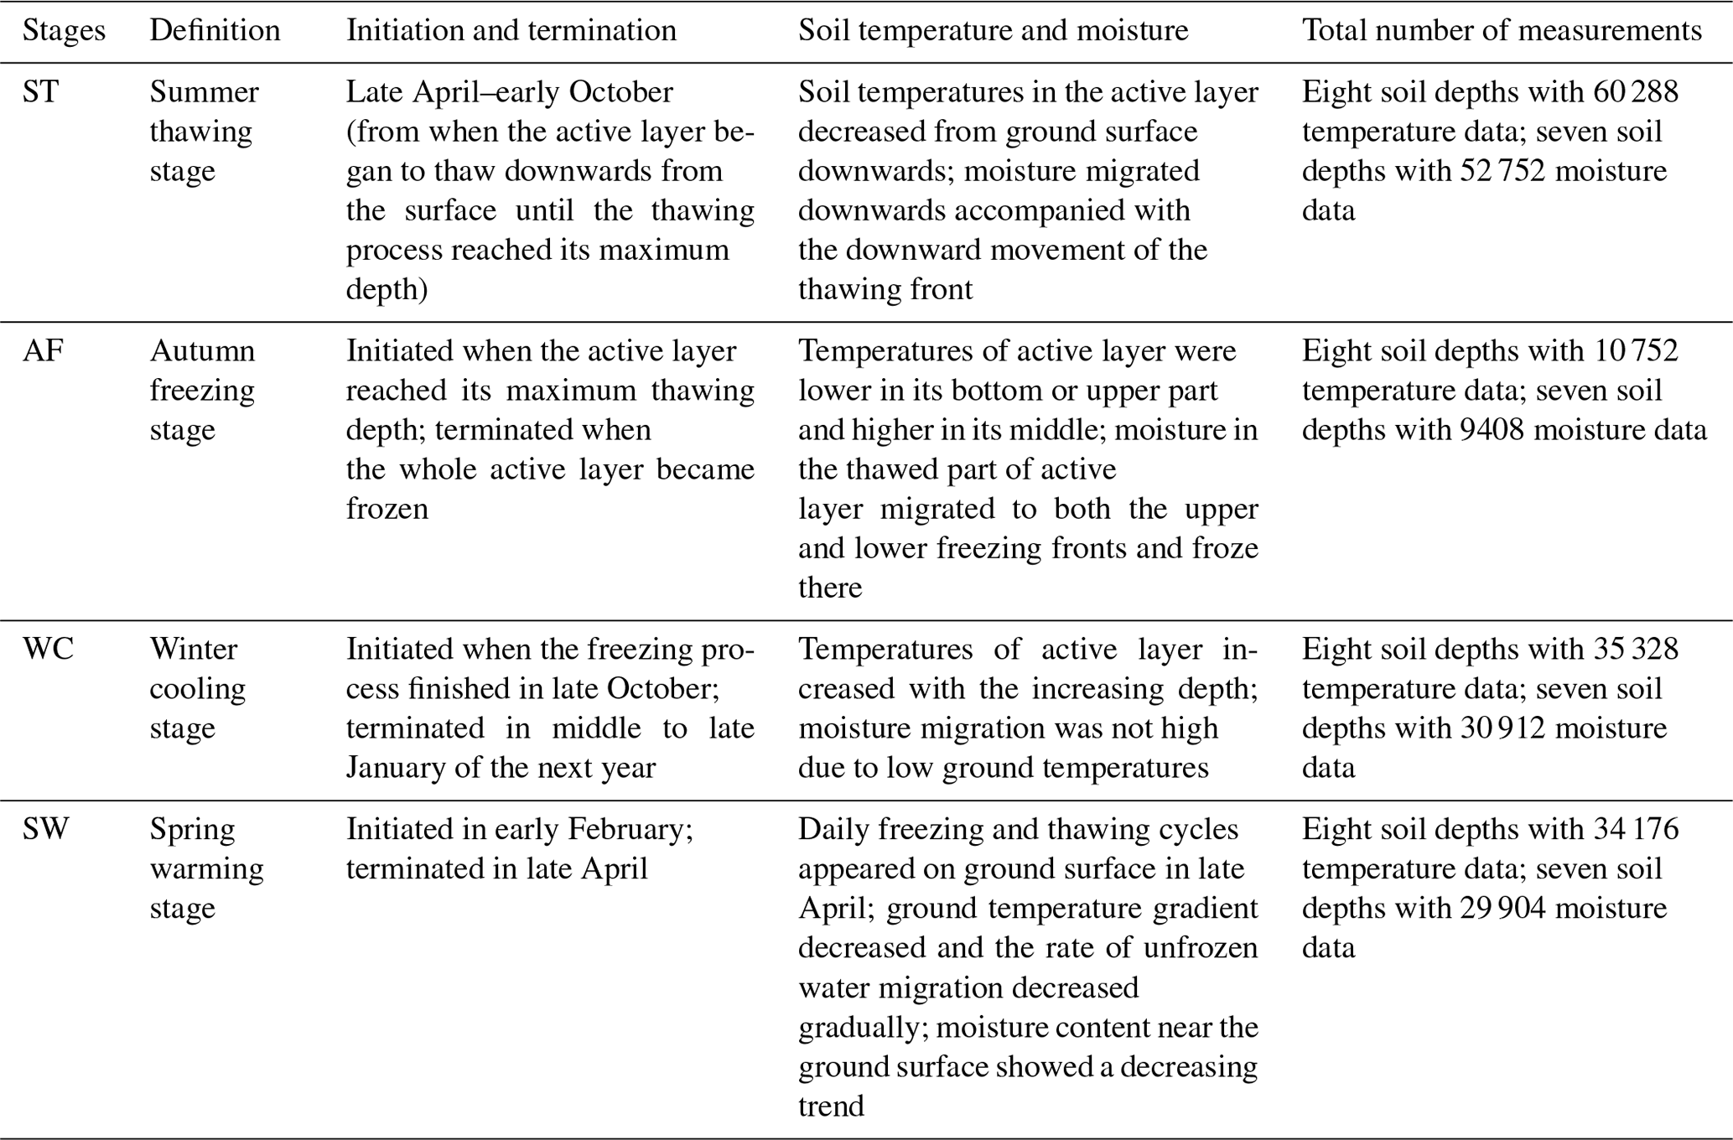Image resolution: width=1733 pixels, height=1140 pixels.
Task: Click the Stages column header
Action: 64,31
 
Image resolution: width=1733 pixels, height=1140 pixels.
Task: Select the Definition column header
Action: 215,31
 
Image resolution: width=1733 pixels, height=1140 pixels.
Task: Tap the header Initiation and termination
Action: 511,31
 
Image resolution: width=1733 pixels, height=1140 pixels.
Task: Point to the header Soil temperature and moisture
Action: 993,31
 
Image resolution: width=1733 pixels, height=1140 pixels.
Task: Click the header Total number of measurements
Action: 1502,31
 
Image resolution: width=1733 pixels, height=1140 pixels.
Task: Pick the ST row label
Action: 40,92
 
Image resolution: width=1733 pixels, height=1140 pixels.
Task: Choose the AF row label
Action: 43,351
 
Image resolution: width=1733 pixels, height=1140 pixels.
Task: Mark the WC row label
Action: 48,650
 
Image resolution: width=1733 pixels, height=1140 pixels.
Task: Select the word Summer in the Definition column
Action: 204,92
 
